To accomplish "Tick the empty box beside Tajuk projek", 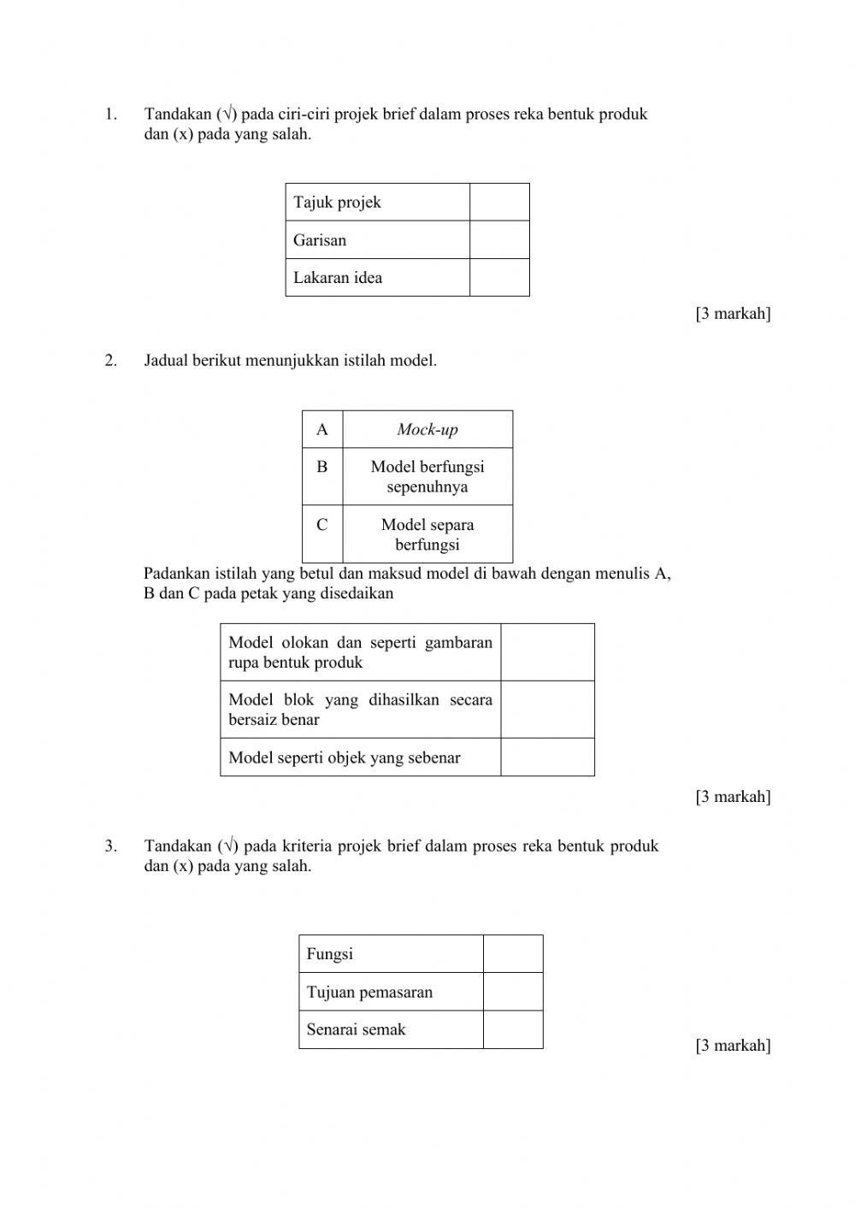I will pyautogui.click(x=499, y=203).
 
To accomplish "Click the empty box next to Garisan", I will pyautogui.click(x=499, y=240).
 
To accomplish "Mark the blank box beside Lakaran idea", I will pyautogui.click(x=499, y=278).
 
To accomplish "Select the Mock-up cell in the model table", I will pyautogui.click(x=427, y=429).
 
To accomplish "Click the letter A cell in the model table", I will pyautogui.click(x=322, y=429).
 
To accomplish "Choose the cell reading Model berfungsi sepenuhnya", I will pyautogui.click(x=427, y=477).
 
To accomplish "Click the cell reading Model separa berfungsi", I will pyautogui.click(x=427, y=534).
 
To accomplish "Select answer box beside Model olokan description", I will pyautogui.click(x=547, y=652).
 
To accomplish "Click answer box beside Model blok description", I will pyautogui.click(x=547, y=710).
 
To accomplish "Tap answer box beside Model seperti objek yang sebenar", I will pyautogui.click(x=547, y=757).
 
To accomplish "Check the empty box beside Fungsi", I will pyautogui.click(x=513, y=954).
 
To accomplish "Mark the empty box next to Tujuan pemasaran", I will pyautogui.click(x=513, y=992).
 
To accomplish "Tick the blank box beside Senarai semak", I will pyautogui.click(x=513, y=1029).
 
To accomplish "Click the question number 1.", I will pyautogui.click(x=110, y=115).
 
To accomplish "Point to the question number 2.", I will pyautogui.click(x=110, y=361).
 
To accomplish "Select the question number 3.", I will pyautogui.click(x=110, y=846).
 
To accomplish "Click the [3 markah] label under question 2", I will pyautogui.click(x=733, y=797).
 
